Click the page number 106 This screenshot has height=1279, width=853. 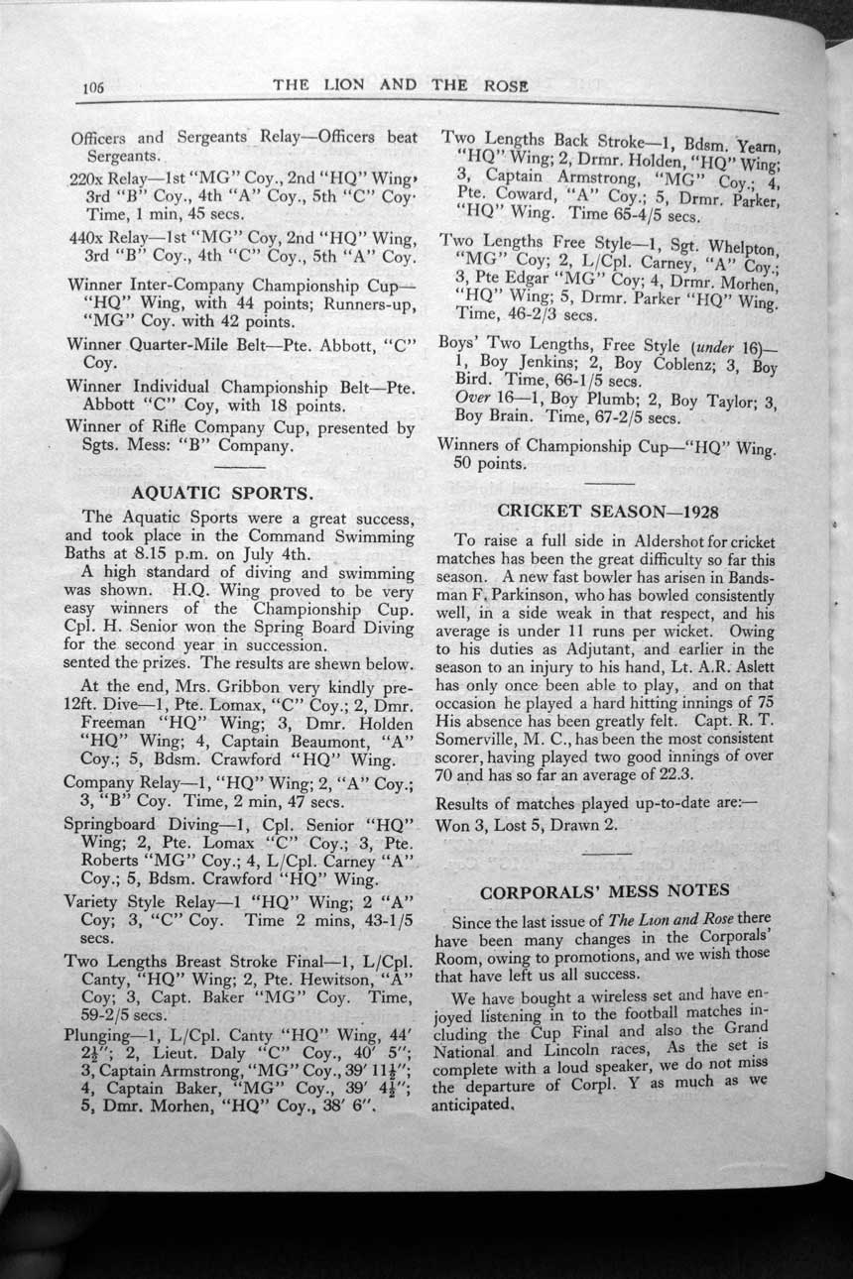tap(94, 86)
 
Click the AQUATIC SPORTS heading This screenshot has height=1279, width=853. tap(223, 492)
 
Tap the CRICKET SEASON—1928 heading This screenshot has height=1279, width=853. tap(607, 511)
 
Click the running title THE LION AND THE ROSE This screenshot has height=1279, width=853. tap(401, 85)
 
